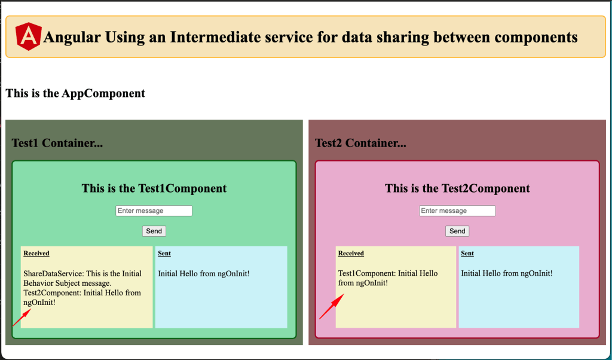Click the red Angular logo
29,36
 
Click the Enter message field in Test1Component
154,211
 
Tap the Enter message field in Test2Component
457,211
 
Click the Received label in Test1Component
36,254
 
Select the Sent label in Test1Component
164,254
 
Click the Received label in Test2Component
351,254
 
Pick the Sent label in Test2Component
467,254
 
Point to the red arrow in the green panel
22,317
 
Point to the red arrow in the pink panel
332,307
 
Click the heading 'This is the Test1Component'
154,188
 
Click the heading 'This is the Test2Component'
457,188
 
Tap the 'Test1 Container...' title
57,144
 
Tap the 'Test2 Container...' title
360,144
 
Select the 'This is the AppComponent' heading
75,93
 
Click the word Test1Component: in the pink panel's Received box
365,273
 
